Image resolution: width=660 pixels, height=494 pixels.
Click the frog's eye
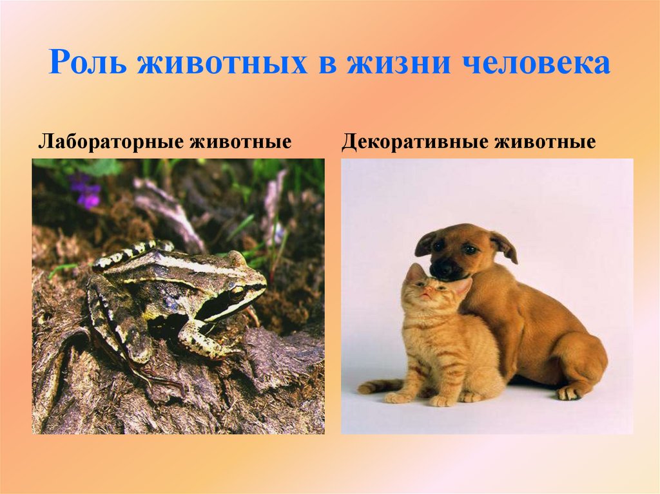click(x=237, y=293)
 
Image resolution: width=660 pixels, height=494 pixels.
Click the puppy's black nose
click(x=442, y=270)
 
